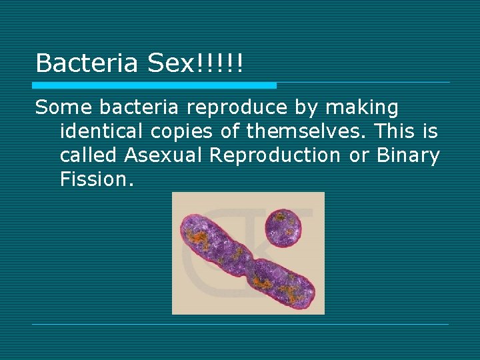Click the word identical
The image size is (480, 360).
pyautogui.click(x=99, y=131)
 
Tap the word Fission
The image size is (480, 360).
pyautogui.click(x=97, y=179)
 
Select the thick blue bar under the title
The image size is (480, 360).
pyautogui.click(x=154, y=85)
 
